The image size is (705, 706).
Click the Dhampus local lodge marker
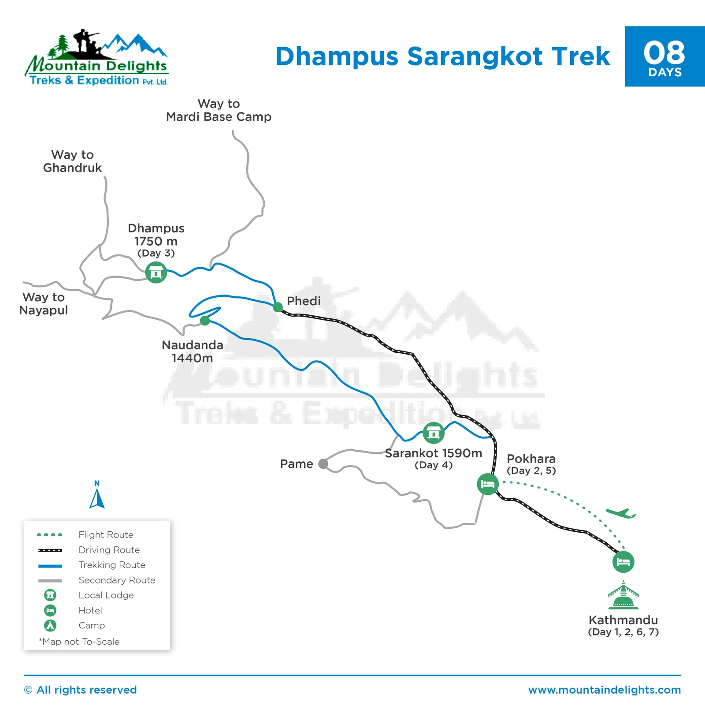coord(156,272)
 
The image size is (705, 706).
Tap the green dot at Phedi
coord(278,307)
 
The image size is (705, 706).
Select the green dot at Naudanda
coord(205,321)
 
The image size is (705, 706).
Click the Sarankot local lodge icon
coord(434,433)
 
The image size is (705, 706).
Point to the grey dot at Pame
coord(323,463)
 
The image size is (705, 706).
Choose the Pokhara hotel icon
coord(488,484)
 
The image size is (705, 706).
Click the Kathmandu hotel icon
coord(623,562)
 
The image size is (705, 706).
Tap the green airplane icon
coord(621,513)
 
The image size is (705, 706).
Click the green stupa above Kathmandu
coord(623,595)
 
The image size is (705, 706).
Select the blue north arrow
coord(97,498)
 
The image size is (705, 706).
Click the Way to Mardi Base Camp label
coord(219,110)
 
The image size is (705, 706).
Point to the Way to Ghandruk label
coord(72,161)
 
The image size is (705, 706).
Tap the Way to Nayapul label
coord(44,304)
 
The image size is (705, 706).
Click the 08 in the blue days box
coord(664,53)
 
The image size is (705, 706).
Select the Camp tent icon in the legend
coord(50,625)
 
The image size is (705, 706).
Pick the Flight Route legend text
coord(106,535)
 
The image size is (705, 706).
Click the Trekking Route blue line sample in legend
coord(50,566)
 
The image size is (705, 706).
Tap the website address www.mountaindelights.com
coord(605,690)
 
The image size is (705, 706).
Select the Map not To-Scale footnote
coord(79,642)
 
